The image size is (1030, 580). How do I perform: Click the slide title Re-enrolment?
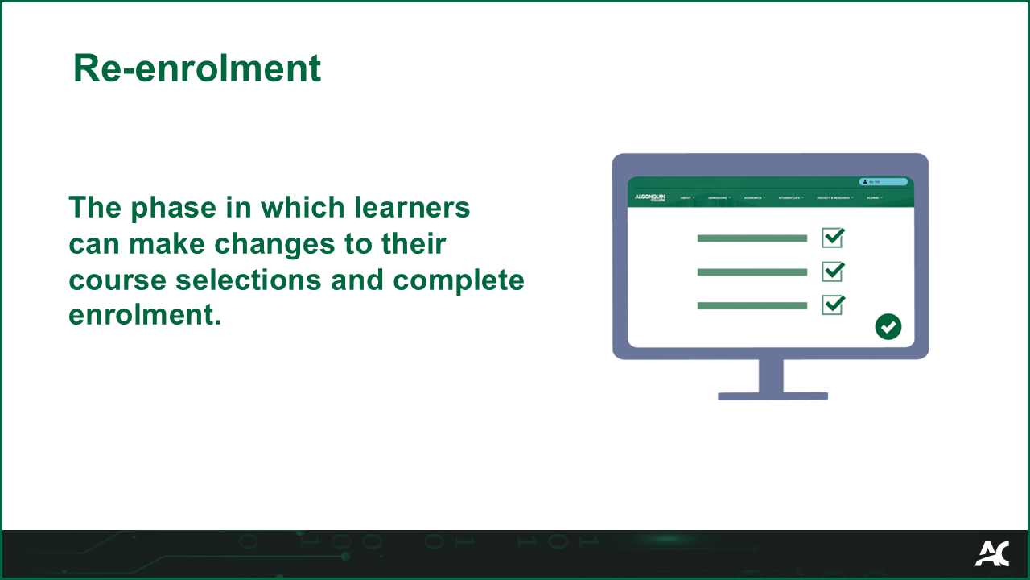tap(196, 68)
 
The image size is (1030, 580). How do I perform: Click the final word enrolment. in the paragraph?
tap(144, 315)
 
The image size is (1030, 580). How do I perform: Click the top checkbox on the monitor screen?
tap(832, 238)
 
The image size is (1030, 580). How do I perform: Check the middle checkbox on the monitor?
tap(832, 271)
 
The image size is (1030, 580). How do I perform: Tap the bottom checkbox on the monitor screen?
tap(832, 305)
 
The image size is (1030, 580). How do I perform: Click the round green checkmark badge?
tap(888, 326)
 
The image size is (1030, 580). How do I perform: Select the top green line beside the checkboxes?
tap(752, 238)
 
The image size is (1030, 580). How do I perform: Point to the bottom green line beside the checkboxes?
tap(752, 306)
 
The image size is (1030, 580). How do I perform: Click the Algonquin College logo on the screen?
tap(650, 197)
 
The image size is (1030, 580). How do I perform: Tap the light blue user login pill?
tap(883, 182)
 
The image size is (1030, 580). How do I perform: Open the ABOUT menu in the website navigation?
tap(686, 198)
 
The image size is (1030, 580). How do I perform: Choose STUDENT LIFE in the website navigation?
tap(790, 198)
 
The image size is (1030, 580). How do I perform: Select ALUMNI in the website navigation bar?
tap(874, 198)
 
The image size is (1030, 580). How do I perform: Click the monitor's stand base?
tap(772, 396)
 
